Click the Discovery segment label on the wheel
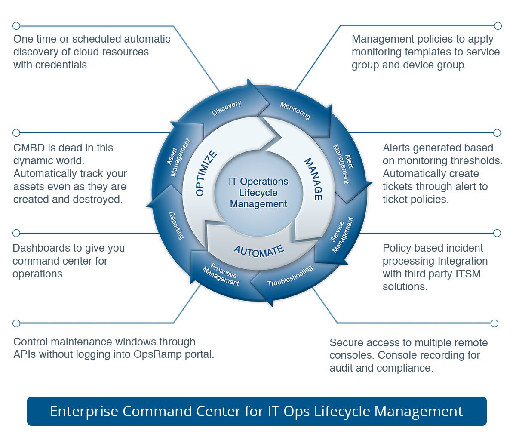click(x=226, y=108)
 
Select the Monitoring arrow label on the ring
click(x=295, y=111)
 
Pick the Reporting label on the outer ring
click(x=176, y=225)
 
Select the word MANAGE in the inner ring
click(x=313, y=179)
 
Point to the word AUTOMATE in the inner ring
click(x=259, y=251)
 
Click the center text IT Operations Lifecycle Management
click(x=258, y=193)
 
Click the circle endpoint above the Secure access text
click(x=494, y=323)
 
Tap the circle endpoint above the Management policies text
click(x=498, y=26)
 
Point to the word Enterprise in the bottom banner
click(x=84, y=412)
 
